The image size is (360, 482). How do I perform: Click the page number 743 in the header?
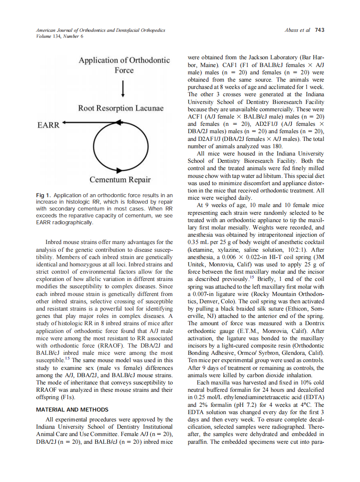(320, 30)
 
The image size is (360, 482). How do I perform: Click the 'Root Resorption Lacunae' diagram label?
(121, 108)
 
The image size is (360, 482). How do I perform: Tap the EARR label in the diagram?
(48, 125)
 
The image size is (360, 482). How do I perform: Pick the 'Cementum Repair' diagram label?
(120, 179)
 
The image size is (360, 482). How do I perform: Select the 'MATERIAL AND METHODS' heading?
(72, 409)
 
